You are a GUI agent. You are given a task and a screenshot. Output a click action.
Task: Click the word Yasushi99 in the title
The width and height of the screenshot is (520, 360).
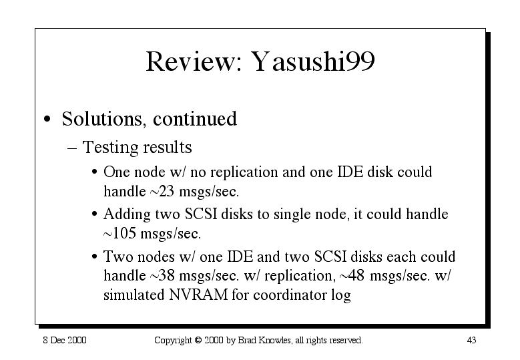coord(312,61)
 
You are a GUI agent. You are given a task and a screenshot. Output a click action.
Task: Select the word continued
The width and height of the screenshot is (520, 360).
coord(195,118)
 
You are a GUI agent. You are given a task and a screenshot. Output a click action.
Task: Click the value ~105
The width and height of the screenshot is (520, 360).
coord(119,234)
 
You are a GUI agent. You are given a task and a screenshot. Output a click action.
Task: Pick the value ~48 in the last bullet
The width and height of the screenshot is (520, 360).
coord(352,276)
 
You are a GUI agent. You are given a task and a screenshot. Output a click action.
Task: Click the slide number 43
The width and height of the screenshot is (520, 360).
coord(471,340)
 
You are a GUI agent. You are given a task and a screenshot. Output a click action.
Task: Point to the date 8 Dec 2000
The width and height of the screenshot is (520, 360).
coord(65,340)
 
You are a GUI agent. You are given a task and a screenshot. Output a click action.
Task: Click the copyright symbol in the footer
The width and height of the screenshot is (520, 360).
coord(198,340)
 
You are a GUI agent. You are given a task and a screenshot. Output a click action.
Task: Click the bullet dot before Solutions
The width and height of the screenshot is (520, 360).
coord(47,120)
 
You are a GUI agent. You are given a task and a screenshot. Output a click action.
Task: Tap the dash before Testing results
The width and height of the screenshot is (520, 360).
coord(72,148)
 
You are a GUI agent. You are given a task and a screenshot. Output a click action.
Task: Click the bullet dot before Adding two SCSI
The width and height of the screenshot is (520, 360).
coord(95,214)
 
